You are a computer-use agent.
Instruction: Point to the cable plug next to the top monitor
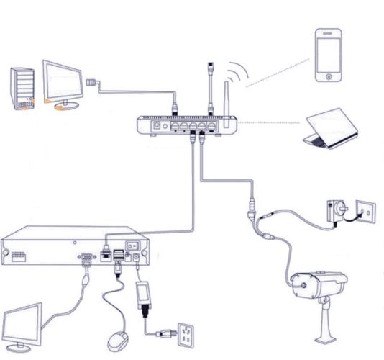(91, 83)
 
